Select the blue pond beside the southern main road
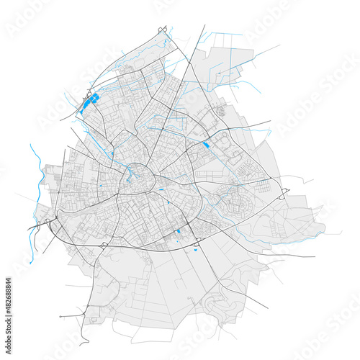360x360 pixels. (178, 232)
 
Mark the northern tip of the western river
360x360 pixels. (31, 144)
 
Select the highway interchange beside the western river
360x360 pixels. (37, 225)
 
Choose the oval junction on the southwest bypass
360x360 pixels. (106, 246)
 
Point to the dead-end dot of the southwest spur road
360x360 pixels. (61, 315)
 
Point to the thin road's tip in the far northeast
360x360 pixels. (279, 45)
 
